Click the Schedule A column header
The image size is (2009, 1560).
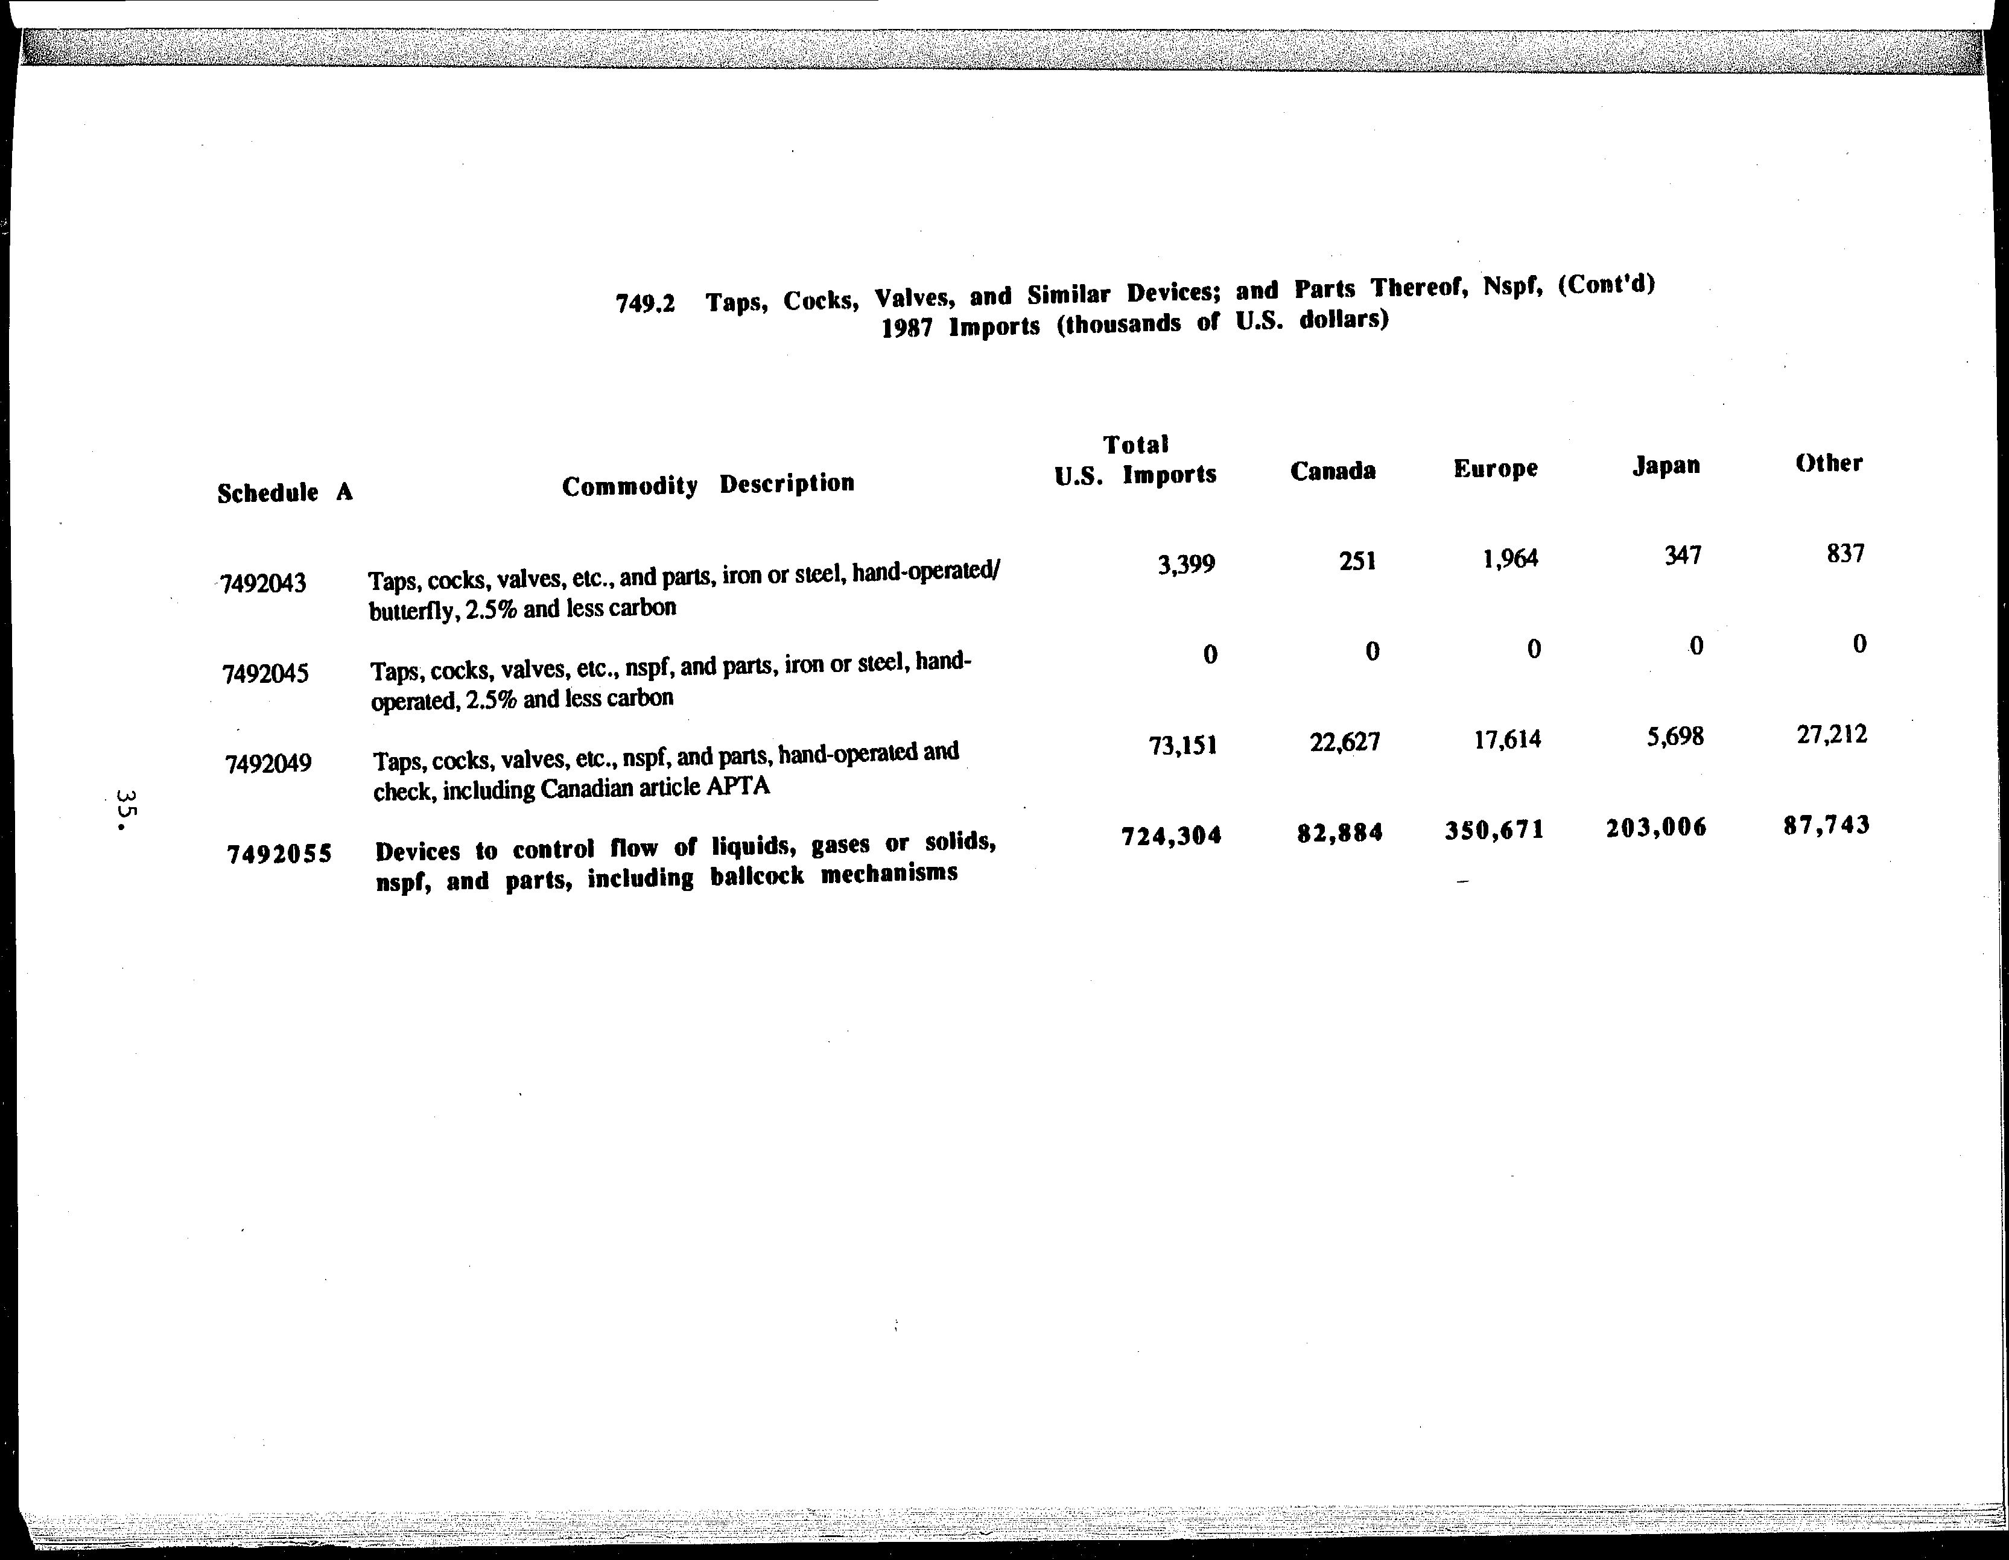[285, 493]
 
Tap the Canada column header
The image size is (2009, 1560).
[1333, 472]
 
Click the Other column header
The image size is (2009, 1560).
[1829, 463]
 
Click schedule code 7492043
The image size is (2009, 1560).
[264, 583]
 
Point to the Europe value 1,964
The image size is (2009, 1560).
[1511, 559]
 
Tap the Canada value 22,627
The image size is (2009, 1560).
[1345, 741]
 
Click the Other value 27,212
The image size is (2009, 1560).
[1832, 735]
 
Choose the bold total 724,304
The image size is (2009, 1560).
[1171, 835]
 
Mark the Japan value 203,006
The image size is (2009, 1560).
[1656, 828]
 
